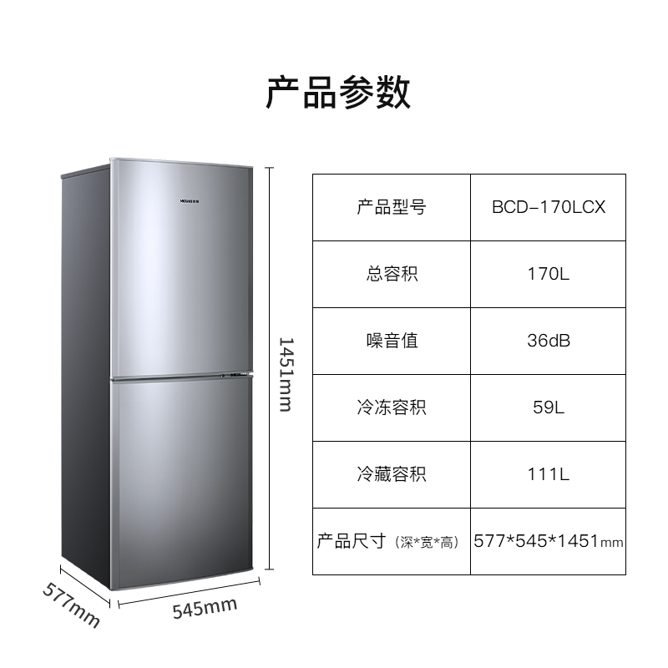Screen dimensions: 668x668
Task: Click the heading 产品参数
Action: point(337,92)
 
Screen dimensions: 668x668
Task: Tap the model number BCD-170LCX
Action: point(549,207)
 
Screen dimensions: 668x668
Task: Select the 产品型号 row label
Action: point(391,207)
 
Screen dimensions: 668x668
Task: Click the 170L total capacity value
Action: point(549,274)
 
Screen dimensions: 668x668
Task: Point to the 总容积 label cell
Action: point(391,274)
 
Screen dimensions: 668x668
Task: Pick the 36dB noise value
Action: point(549,341)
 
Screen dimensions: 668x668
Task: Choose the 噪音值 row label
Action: point(391,341)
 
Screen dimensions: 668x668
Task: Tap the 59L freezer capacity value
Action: point(549,407)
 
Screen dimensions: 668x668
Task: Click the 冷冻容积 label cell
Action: point(391,407)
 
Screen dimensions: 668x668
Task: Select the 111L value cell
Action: point(549,474)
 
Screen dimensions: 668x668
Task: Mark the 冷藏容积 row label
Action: point(391,474)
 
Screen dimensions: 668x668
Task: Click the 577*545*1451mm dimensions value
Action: point(549,541)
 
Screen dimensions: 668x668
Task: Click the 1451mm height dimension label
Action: point(285,373)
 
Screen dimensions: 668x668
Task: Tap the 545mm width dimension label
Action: point(204,607)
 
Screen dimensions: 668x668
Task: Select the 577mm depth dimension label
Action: point(71,604)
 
